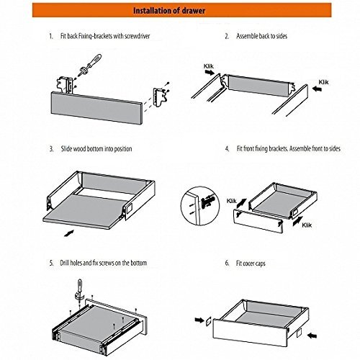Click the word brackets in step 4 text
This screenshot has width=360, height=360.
(x=283, y=149)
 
